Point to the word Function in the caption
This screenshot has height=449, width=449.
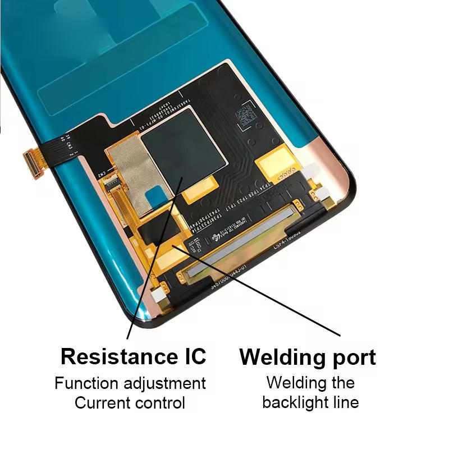pyautogui.click(x=86, y=384)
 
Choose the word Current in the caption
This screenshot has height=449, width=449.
pyautogui.click(x=102, y=402)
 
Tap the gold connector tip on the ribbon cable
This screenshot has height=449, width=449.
pyautogui.click(x=33, y=163)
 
